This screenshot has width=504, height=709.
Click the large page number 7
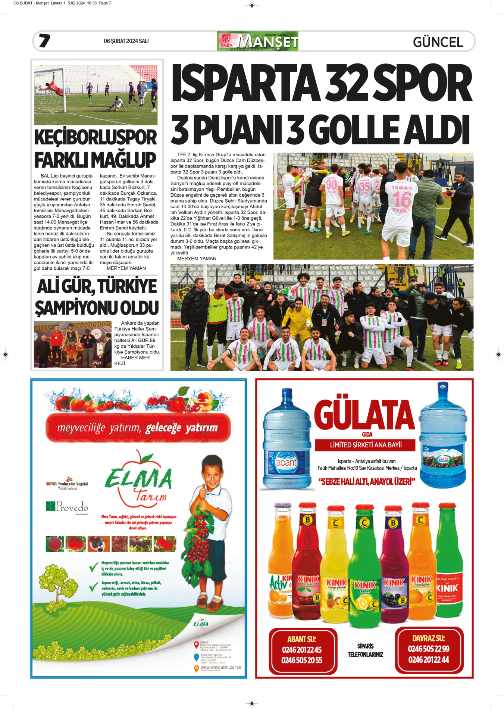click(45, 41)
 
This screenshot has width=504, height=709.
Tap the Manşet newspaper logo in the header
click(257, 41)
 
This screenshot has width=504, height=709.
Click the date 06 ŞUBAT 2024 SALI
click(126, 41)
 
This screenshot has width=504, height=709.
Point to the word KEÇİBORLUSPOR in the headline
click(96, 137)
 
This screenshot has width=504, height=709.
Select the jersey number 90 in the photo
click(331, 184)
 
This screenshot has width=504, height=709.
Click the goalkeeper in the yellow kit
click(297, 318)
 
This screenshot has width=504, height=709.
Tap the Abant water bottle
click(287, 440)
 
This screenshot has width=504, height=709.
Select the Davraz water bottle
click(443, 437)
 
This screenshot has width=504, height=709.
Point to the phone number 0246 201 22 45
click(302, 650)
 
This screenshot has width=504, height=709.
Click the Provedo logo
click(68, 507)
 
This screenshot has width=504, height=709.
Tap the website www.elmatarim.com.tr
click(221, 667)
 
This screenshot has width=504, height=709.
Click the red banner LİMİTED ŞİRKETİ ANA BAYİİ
click(365, 445)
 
